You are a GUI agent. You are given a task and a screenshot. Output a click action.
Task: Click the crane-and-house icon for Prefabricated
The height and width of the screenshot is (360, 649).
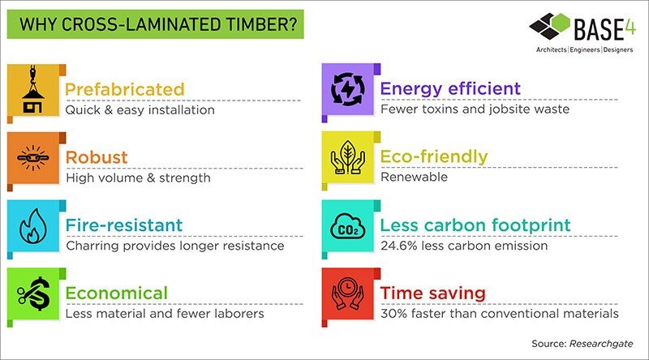[33, 90]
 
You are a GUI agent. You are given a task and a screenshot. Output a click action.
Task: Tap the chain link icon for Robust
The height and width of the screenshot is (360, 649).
[33, 157]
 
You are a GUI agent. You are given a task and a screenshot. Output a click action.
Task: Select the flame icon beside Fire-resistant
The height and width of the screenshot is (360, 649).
[33, 226]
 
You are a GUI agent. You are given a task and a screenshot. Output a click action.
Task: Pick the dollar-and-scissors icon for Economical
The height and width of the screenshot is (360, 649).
[34, 294]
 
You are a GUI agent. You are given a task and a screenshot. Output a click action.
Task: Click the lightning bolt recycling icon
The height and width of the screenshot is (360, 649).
[348, 89]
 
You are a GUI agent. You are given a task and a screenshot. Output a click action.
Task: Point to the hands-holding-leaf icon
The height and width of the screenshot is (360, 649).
[348, 157]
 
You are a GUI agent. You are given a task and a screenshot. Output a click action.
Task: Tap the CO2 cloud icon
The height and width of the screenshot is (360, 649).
[348, 226]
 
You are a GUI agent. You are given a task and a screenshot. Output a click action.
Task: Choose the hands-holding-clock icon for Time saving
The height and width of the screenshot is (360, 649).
[348, 294]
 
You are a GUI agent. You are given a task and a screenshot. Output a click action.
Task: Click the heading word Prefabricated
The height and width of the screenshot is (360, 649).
[125, 89]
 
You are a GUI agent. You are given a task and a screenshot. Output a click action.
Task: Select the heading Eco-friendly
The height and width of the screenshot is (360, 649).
[434, 156]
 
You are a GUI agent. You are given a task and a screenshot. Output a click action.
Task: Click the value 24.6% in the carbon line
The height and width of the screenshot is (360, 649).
[399, 246]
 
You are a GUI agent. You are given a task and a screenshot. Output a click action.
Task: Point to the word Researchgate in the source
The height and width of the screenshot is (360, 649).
[601, 344]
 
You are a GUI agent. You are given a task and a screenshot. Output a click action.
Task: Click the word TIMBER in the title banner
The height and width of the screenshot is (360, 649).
[261, 24]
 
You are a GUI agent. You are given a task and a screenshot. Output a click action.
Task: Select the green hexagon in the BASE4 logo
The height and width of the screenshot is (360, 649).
[561, 22]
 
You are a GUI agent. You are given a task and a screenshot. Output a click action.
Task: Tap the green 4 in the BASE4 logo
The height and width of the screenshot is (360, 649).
[630, 27]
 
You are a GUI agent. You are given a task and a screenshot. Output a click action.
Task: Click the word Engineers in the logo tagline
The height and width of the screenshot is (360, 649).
[585, 50]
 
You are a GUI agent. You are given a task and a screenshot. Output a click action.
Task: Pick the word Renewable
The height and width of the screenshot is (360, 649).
[414, 177]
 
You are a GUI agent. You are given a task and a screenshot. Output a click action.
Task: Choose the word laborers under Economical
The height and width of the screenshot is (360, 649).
[239, 314]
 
